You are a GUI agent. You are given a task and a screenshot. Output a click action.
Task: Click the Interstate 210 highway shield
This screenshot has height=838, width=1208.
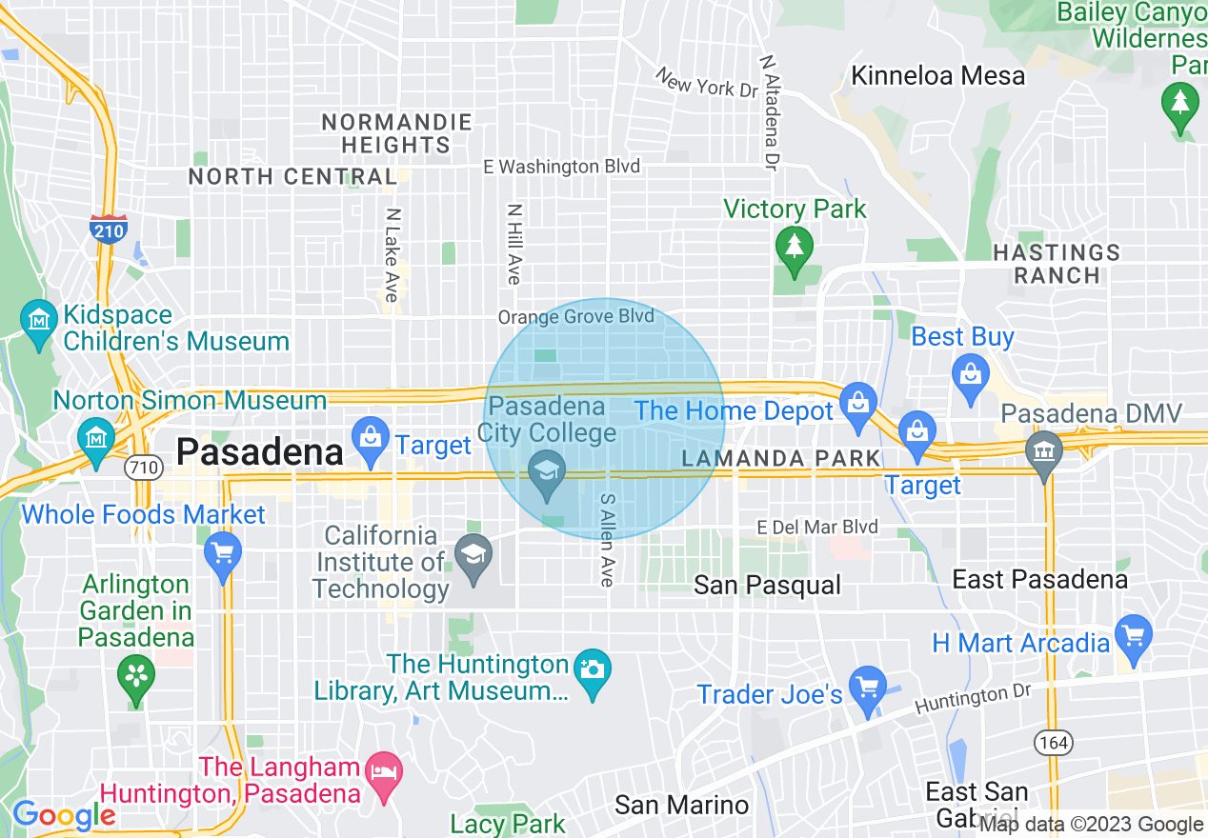[109, 229]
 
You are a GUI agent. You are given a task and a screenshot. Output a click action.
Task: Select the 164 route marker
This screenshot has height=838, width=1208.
[1056, 742]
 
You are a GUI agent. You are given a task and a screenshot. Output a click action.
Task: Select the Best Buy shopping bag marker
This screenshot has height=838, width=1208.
[970, 372]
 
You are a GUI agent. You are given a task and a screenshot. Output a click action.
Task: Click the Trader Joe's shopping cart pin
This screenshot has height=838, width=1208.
[867, 688]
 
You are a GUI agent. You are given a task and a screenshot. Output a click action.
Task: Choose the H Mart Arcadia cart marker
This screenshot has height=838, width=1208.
[1133, 636]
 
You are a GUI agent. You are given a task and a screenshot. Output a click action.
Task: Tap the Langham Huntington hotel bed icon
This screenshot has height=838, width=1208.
[384, 773]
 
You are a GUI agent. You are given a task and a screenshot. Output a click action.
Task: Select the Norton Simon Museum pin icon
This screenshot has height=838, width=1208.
[95, 439]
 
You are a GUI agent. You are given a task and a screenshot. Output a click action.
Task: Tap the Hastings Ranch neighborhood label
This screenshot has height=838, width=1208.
[1057, 264]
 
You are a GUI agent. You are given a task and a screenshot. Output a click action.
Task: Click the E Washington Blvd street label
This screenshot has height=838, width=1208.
[561, 167]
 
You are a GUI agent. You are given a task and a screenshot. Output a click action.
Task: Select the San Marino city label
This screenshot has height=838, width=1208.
[681, 805]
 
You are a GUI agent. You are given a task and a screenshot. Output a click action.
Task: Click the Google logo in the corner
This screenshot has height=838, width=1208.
[64, 815]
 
